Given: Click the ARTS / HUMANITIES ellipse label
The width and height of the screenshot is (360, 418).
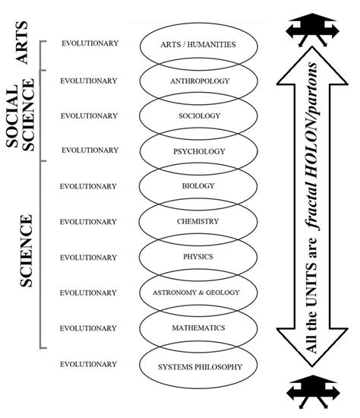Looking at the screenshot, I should pos(199,45).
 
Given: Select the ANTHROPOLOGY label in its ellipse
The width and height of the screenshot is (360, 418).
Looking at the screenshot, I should pos(200,80).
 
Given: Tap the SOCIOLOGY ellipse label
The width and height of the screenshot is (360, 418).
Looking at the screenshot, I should pos(200,116).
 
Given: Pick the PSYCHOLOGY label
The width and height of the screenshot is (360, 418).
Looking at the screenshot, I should pos(200,150).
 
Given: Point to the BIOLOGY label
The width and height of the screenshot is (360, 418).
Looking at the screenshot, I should pos(200,186).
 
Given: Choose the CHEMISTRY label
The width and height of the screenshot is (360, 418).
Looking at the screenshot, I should pos(200,221).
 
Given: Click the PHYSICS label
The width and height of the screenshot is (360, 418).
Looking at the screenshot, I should pos(200,257).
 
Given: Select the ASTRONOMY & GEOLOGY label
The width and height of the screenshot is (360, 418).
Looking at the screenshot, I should pos(200,293).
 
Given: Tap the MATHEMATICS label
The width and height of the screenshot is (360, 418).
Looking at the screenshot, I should pos(200,328).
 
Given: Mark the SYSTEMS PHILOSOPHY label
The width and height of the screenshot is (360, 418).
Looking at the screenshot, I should pos(200,367).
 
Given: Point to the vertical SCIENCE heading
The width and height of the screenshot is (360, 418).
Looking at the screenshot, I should pos(26,251).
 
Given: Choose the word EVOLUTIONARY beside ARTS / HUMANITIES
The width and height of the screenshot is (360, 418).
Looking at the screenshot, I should pos(90,43).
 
